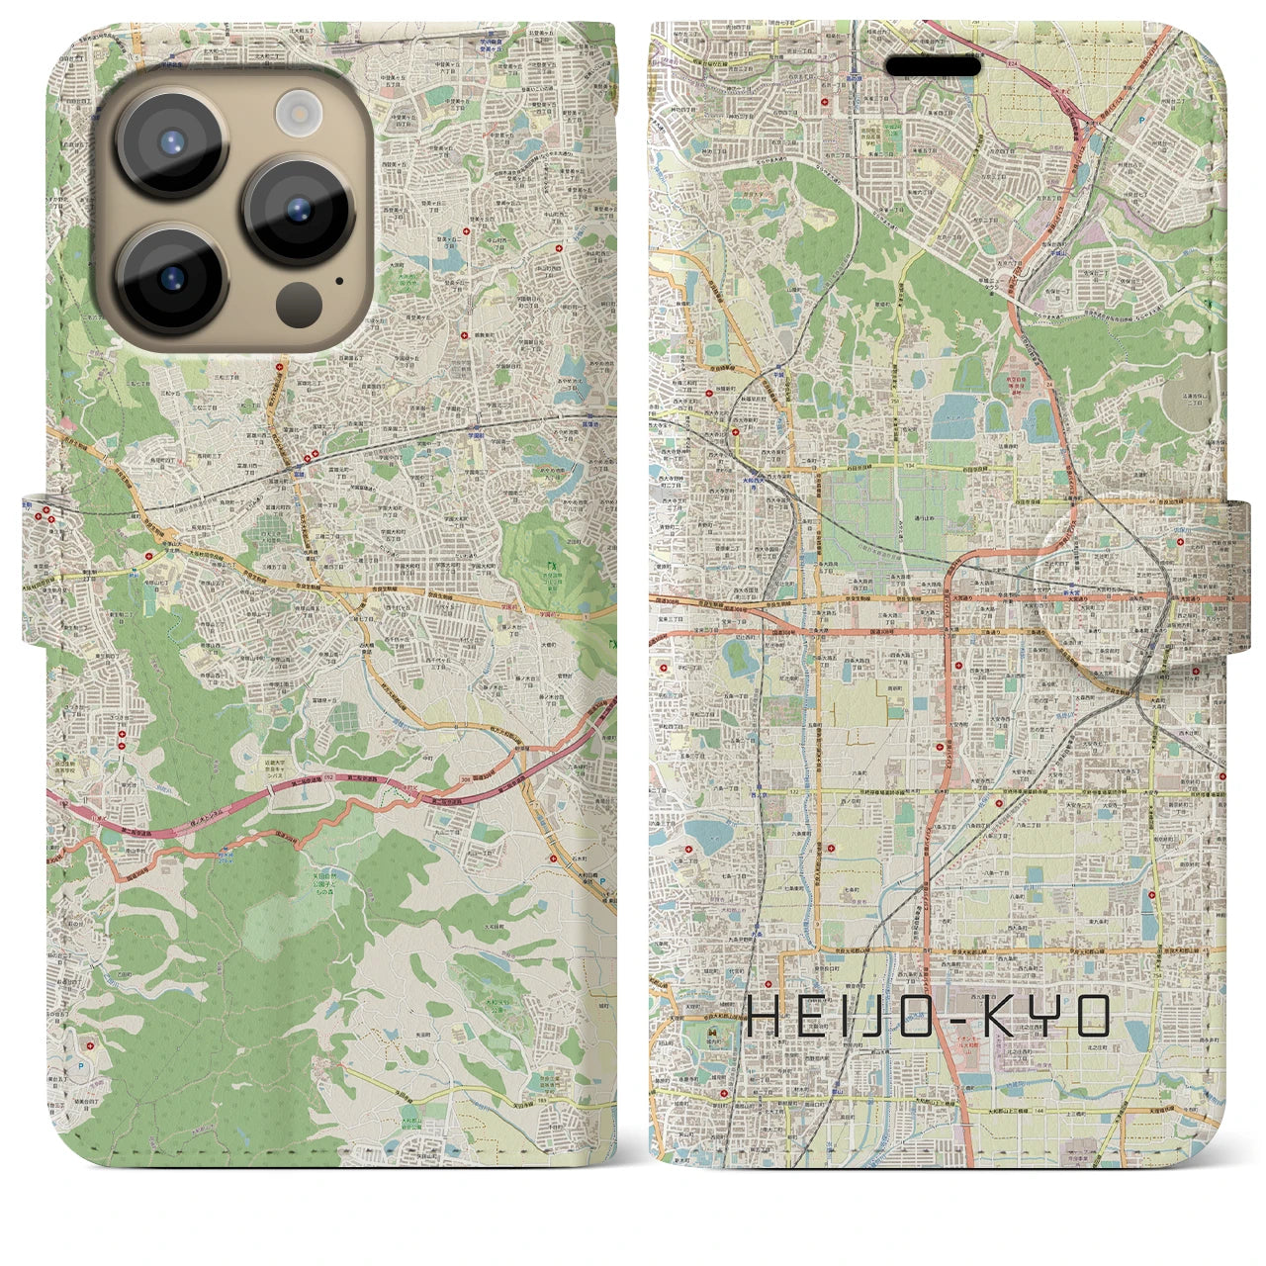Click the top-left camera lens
[172, 141]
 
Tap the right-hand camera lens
[300, 208]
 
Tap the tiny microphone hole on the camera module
[338, 280]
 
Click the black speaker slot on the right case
[932, 66]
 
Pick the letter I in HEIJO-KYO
[849, 1017]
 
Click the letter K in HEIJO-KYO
[1015, 1017]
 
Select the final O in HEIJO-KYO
[1097, 1017]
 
